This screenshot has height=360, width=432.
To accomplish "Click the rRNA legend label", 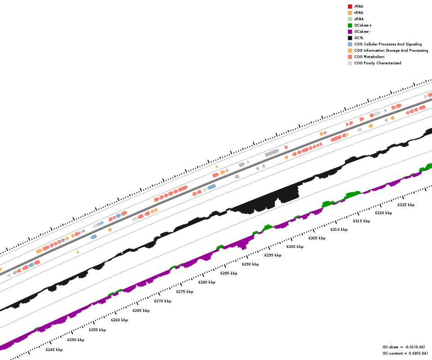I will (x=359, y=6).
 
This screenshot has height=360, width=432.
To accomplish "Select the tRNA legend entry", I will (x=359, y=13).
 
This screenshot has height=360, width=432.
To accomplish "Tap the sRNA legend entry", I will (x=359, y=19).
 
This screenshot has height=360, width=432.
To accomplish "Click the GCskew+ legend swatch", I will (x=350, y=25).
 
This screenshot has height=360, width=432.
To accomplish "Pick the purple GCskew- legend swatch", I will (x=350, y=31).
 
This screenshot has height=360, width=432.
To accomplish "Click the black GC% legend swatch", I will (x=350, y=38).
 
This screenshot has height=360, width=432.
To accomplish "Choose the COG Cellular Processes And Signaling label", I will (x=388, y=44).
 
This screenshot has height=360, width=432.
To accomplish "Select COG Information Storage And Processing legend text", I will (x=391, y=50).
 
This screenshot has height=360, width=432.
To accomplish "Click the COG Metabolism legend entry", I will (x=369, y=57).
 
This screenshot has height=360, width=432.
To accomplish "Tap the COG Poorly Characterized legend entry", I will (x=378, y=63).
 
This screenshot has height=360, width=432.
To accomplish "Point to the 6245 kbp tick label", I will (x=54, y=350).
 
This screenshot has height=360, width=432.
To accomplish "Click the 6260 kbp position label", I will (x=119, y=320).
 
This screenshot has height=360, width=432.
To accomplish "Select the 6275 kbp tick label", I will (x=184, y=292).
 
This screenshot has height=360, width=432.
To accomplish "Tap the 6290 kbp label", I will (x=250, y=264).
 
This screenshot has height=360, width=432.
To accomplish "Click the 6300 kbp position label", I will (x=295, y=247).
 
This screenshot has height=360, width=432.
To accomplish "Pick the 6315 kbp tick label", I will (x=361, y=221).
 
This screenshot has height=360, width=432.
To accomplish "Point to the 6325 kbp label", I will (x=406, y=205).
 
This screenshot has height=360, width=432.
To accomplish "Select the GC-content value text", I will (x=405, y=353).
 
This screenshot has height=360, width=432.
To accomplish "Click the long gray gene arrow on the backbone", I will (x=272, y=153).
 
